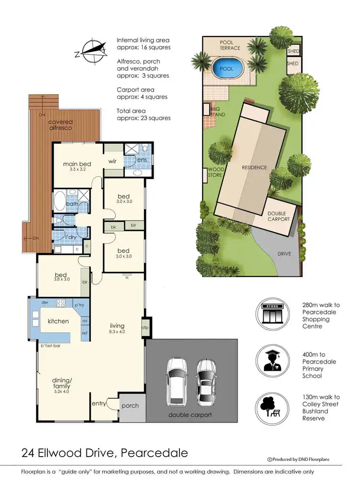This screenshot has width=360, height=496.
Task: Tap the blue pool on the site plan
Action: coord(227,68)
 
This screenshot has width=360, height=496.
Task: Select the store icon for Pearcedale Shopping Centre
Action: coord(272,315)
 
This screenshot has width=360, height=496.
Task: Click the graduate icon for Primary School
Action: coord(272,361)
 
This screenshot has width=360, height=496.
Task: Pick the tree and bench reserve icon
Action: coord(272,407)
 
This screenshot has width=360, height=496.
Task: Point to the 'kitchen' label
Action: coord(58,321)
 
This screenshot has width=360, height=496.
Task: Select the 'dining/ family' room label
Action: coord(61,383)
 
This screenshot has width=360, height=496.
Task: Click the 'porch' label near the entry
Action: coord(130,406)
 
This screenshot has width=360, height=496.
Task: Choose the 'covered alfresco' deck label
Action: coord(60,125)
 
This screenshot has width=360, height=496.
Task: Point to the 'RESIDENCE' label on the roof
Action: coord(253,168)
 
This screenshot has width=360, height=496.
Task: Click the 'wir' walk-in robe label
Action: coord(113,161)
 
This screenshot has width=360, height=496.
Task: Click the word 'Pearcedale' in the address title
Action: coord(154,453)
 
